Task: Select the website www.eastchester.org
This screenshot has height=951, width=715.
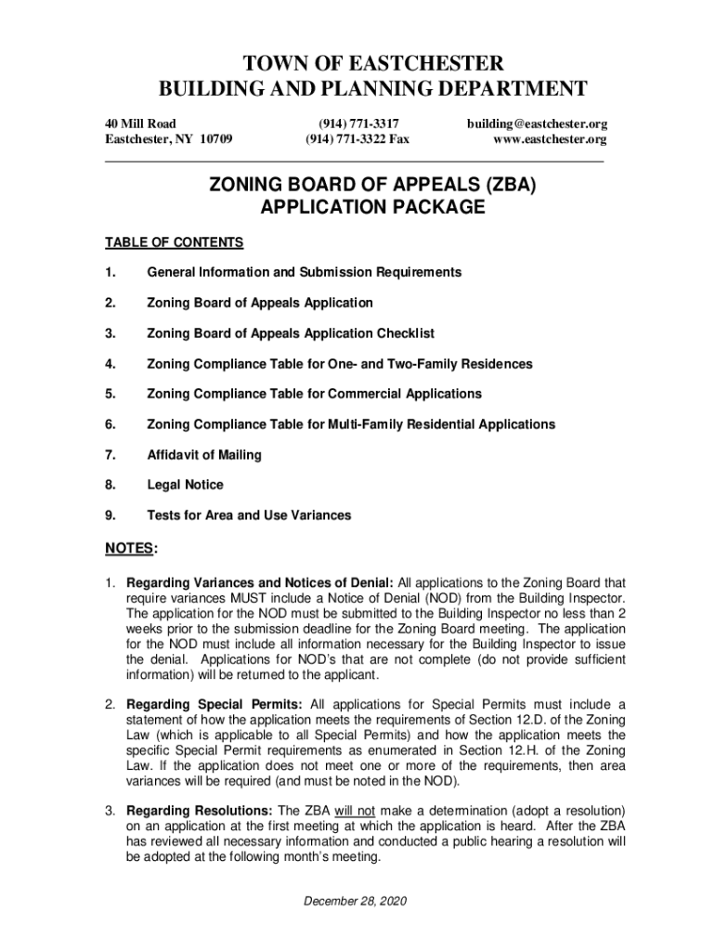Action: (552, 139)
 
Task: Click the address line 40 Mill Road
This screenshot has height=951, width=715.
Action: (140, 123)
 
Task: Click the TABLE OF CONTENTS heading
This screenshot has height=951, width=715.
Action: (174, 243)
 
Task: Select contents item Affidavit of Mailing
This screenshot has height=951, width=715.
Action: (204, 455)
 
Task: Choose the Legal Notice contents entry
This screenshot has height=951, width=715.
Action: (186, 485)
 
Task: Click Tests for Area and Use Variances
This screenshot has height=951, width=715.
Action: (249, 515)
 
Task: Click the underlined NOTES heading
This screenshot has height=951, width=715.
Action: (128, 550)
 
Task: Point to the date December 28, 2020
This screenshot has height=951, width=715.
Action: (357, 901)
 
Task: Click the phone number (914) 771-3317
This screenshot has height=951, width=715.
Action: (358, 123)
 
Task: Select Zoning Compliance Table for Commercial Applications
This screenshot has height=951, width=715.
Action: (314, 394)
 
